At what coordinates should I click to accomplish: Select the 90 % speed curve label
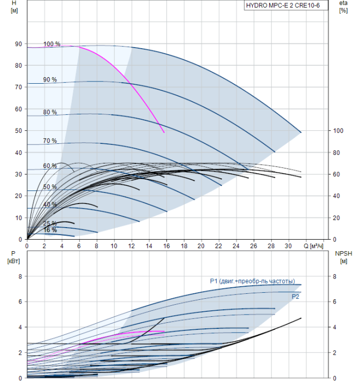(x=50, y=80)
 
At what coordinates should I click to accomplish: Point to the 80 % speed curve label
(x=50, y=112)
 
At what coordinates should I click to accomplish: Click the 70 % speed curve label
(x=50, y=141)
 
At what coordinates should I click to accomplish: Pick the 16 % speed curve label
(x=50, y=230)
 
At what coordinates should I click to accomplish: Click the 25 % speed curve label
(x=50, y=223)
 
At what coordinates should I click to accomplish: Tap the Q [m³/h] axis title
(x=315, y=247)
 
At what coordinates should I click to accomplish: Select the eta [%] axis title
(x=344, y=7)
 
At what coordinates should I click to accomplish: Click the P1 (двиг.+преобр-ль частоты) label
(x=252, y=281)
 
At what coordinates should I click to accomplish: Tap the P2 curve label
(x=295, y=296)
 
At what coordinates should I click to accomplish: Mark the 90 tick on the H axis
(x=19, y=44)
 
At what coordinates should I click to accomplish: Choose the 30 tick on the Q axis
(x=288, y=247)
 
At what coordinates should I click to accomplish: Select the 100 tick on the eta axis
(x=338, y=131)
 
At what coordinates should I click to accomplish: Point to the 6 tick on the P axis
(x=20, y=301)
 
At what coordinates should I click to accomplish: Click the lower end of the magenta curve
(x=164, y=132)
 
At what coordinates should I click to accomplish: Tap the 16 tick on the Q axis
(x=166, y=247)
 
